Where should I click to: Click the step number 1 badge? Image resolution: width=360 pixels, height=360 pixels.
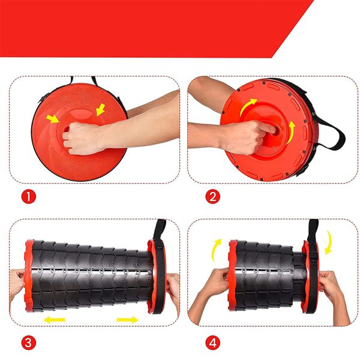28,197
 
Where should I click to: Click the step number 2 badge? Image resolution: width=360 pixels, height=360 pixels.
212,197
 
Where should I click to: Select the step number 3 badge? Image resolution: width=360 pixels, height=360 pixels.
28,343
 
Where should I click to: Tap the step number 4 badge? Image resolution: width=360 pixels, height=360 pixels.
212,343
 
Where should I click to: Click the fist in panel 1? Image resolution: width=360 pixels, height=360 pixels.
82,139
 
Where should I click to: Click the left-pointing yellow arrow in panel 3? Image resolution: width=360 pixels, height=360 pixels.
55,320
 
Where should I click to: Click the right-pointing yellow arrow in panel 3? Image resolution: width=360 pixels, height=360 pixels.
128,320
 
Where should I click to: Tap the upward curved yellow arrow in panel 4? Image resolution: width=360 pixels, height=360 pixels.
216,250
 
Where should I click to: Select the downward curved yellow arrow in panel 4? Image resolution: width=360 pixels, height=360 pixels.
329,242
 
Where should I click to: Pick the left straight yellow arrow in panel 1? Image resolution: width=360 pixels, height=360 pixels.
53,119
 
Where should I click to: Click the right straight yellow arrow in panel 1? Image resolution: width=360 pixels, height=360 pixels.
100,110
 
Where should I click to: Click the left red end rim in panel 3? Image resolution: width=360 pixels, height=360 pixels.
29,275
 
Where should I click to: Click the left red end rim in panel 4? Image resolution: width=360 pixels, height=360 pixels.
233,275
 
